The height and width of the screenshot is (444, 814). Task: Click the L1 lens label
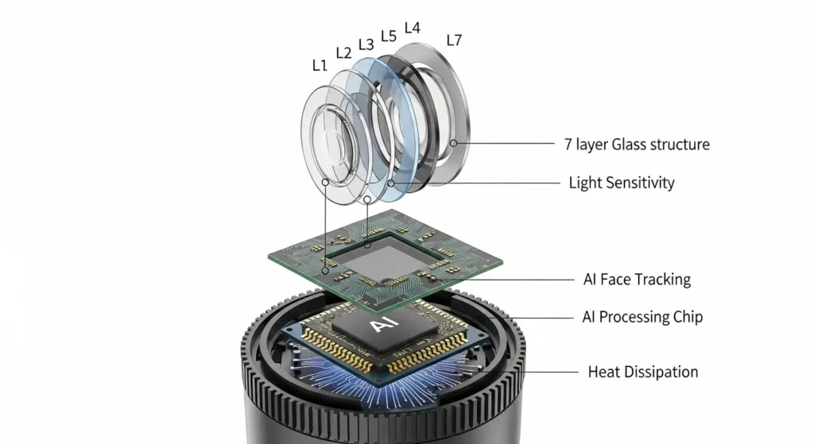coord(320,65)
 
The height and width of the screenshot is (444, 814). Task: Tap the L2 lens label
coord(343,53)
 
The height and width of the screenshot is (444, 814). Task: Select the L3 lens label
coord(366,44)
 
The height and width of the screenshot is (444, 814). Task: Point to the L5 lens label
coord(389,37)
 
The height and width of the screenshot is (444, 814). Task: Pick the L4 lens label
coord(413,28)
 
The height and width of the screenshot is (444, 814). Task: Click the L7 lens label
coord(454,40)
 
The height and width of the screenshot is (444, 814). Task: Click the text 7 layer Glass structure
coord(637,145)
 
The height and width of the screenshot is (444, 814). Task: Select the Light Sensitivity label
coord(622,183)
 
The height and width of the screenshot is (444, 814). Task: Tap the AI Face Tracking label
coord(637,280)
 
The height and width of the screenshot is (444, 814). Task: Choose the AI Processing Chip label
coord(642,317)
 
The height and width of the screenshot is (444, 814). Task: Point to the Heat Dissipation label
coord(643,372)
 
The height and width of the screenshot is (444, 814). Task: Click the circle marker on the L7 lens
coord(454,143)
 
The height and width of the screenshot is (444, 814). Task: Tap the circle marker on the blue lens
coord(391,183)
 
